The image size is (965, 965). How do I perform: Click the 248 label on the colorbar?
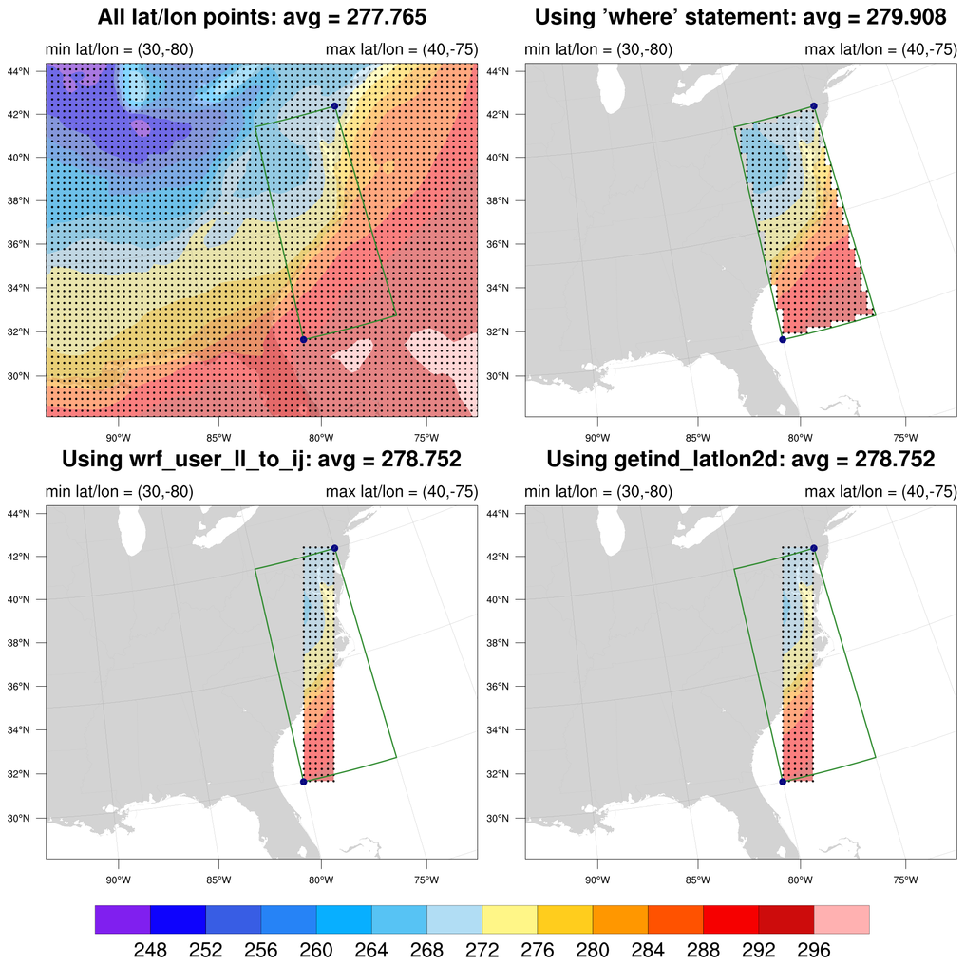tap(150, 950)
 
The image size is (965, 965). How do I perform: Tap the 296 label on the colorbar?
tap(814, 950)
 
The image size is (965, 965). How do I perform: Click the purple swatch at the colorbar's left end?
tap(123, 919)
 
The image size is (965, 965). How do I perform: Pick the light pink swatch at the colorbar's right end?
tap(842, 919)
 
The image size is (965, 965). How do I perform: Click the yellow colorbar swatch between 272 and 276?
tap(510, 919)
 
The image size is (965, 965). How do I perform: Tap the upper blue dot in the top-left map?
tap(335, 106)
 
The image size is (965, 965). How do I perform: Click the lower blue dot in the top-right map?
tap(783, 339)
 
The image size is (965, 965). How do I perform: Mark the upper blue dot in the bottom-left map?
tap(335, 549)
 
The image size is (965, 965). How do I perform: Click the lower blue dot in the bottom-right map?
tap(783, 782)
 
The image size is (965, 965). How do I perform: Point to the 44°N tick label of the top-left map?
tap(27, 71)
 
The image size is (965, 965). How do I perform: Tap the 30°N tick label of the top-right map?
tap(505, 376)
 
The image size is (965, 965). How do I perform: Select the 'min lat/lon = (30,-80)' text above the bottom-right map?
tap(598, 492)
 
